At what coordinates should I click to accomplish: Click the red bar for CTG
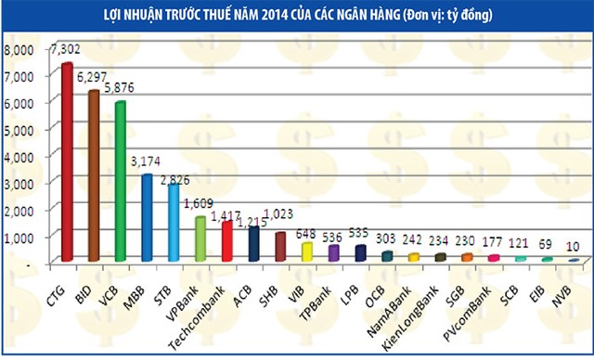point(67,162)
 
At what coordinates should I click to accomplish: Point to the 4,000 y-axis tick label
point(19,156)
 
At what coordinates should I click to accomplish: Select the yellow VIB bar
point(307,251)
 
